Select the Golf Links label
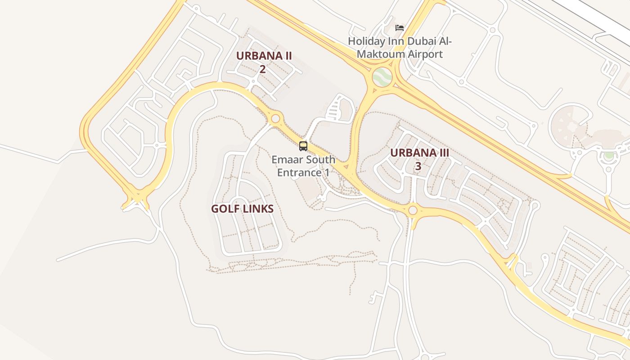[242, 209]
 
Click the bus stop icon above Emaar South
[303, 146]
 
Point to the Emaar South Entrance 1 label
[303, 166]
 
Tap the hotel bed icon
[400, 28]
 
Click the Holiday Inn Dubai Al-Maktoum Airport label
[400, 48]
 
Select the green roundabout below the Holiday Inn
[382, 77]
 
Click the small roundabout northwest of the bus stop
[275, 119]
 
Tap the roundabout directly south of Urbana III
[413, 210]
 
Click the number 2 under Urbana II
[262, 69]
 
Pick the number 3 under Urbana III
[418, 166]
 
